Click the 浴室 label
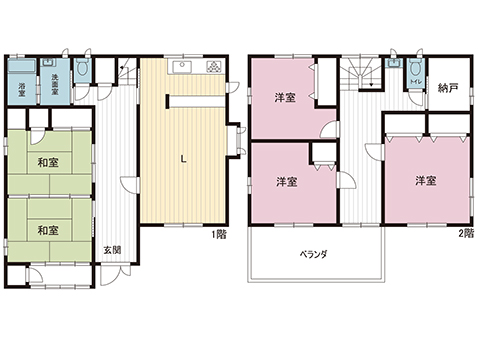pyautogui.click(x=22, y=87)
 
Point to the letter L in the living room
pyautogui.click(x=182, y=157)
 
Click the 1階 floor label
pyautogui.click(x=219, y=235)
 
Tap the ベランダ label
pyautogui.click(x=313, y=254)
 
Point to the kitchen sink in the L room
pyautogui.click(x=181, y=68)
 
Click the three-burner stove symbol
pyautogui.click(x=215, y=68)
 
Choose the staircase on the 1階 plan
pyautogui.click(x=124, y=73)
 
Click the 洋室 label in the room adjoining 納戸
pyautogui.click(x=426, y=181)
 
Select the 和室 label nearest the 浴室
pyautogui.click(x=48, y=162)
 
